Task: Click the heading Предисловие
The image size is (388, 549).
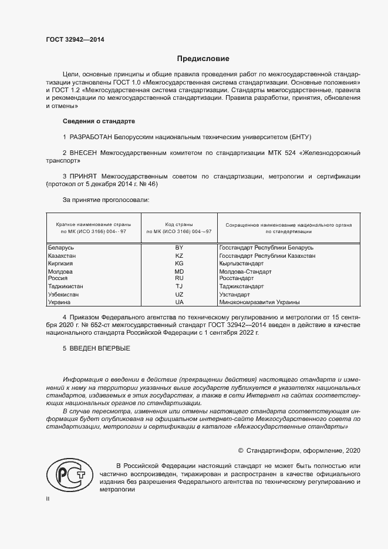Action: [x=203, y=59]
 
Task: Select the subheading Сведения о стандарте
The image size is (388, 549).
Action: [x=99, y=121]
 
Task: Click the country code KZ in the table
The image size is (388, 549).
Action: [x=179, y=256]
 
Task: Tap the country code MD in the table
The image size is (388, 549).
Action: [x=179, y=272]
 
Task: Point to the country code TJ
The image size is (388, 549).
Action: [x=179, y=287]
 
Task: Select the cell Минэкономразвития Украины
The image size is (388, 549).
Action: [x=259, y=302]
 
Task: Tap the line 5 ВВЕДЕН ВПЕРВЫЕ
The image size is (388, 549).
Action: [x=96, y=349]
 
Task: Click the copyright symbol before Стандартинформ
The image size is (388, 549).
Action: [x=241, y=450]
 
